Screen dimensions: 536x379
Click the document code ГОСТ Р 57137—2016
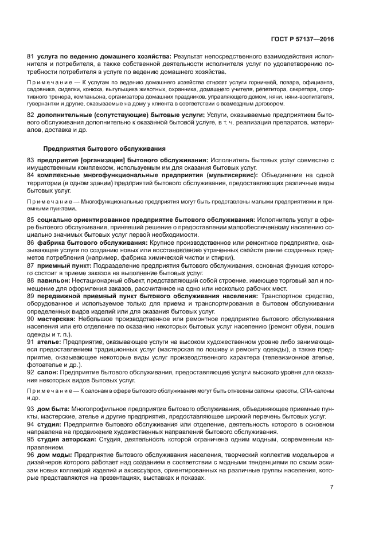[303, 40]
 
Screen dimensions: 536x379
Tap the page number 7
[331, 487]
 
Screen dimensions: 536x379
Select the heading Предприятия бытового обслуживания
[105, 148]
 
